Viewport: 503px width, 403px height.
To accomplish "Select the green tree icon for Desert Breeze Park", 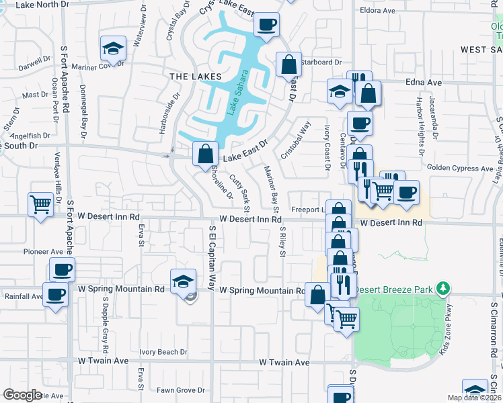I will click(x=442, y=289).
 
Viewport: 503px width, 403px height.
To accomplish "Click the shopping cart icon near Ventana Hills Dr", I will click(x=41, y=204).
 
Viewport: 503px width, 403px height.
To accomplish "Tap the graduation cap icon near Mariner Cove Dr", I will click(x=112, y=48).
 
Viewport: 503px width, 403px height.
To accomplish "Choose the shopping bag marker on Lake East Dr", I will click(x=204, y=153).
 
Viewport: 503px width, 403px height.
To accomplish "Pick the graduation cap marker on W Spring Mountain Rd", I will click(x=182, y=282).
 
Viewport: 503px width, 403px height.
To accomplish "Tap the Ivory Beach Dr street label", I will click(x=163, y=352).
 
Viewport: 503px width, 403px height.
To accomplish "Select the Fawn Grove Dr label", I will click(x=180, y=390).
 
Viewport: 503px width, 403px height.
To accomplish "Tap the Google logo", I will click(x=22, y=395).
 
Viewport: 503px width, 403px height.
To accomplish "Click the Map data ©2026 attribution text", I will click(x=474, y=398).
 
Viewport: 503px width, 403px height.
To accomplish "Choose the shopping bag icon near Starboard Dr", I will click(x=288, y=64).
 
